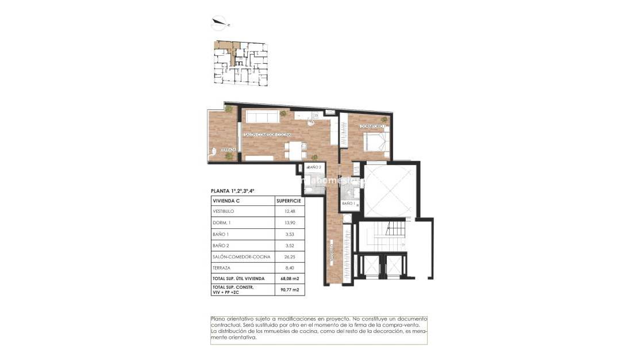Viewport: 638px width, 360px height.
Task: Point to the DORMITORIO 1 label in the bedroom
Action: click(372, 126)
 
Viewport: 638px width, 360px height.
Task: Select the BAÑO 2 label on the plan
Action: click(314, 167)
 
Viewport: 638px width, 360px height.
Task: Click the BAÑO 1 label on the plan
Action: click(348, 204)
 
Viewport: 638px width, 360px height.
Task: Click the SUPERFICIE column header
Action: click(289, 201)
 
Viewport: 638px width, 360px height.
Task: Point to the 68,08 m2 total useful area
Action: click(289, 278)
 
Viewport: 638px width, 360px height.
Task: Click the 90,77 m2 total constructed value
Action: click(289, 289)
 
